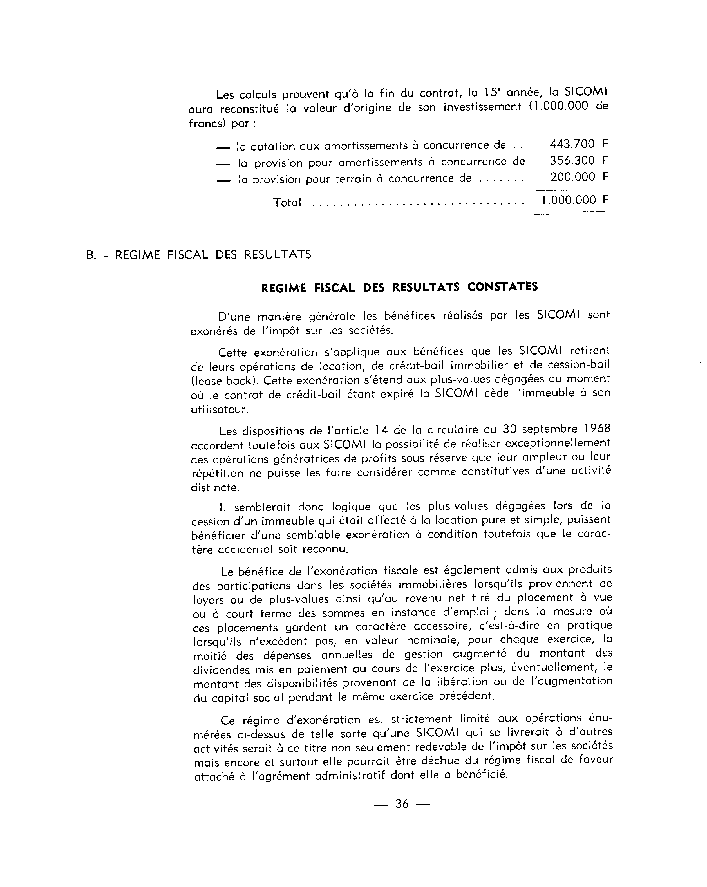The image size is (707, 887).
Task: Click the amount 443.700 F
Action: click(x=578, y=144)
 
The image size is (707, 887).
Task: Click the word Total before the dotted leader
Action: click(x=287, y=202)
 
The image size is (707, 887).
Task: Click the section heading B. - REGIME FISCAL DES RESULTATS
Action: click(x=199, y=255)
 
